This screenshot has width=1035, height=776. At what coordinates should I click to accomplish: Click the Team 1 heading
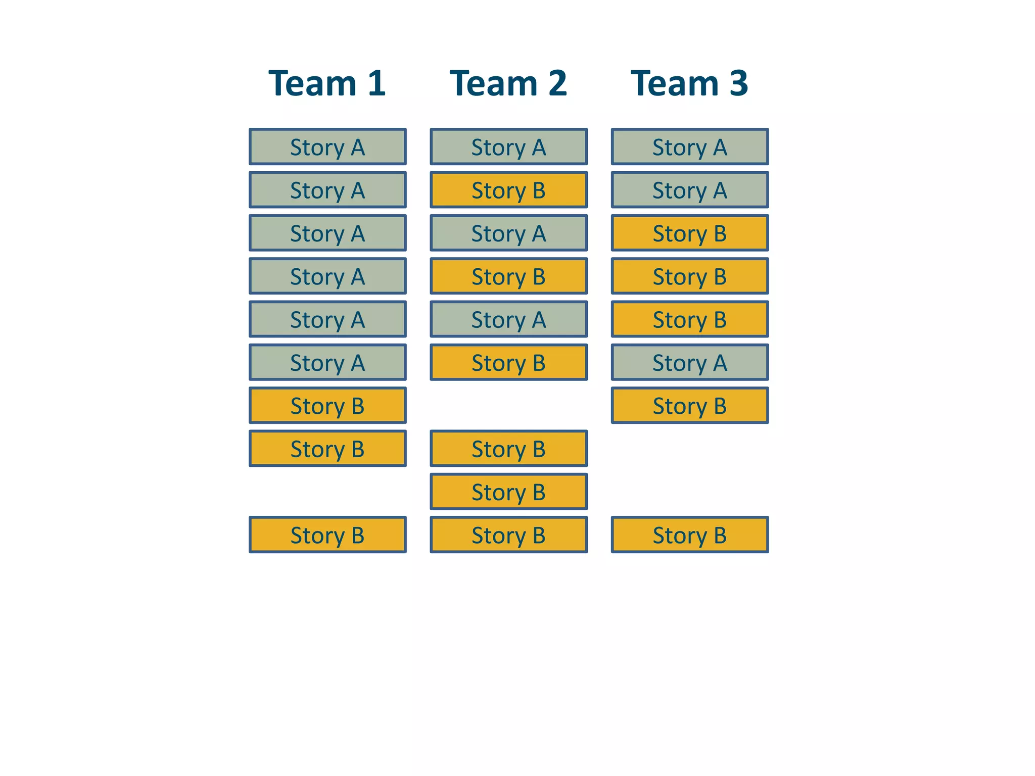coord(327,83)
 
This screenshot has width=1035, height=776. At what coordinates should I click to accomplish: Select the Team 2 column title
coord(508,83)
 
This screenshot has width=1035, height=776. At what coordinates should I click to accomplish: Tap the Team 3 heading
coord(689,83)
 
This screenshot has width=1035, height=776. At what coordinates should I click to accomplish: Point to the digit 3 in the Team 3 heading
coord(738,83)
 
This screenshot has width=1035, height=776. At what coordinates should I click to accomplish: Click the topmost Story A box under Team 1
coord(327,147)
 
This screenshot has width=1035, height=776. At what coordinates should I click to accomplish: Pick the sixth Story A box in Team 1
coord(327,362)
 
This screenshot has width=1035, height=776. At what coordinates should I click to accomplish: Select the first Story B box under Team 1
coord(327,406)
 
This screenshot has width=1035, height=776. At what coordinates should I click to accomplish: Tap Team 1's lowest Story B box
coord(327,535)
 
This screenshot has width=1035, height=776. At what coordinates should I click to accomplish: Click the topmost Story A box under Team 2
coord(508,147)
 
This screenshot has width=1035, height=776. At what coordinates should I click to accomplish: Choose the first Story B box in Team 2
coord(508,190)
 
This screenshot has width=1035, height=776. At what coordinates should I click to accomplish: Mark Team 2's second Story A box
coord(508,233)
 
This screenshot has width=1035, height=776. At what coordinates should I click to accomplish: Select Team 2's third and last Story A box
coord(508,319)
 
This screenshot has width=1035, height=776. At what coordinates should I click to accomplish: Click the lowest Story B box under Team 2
coord(508,535)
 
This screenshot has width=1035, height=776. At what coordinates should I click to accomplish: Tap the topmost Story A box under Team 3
coord(689,147)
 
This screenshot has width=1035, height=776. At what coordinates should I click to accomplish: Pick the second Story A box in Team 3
coord(689,190)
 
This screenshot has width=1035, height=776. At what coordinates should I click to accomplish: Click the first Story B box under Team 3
coord(689,233)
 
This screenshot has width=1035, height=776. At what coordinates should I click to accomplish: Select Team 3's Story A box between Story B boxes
coord(689,362)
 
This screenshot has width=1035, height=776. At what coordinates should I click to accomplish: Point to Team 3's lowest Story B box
coord(689,535)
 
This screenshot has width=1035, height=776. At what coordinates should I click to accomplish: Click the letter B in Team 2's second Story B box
coord(539,276)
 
